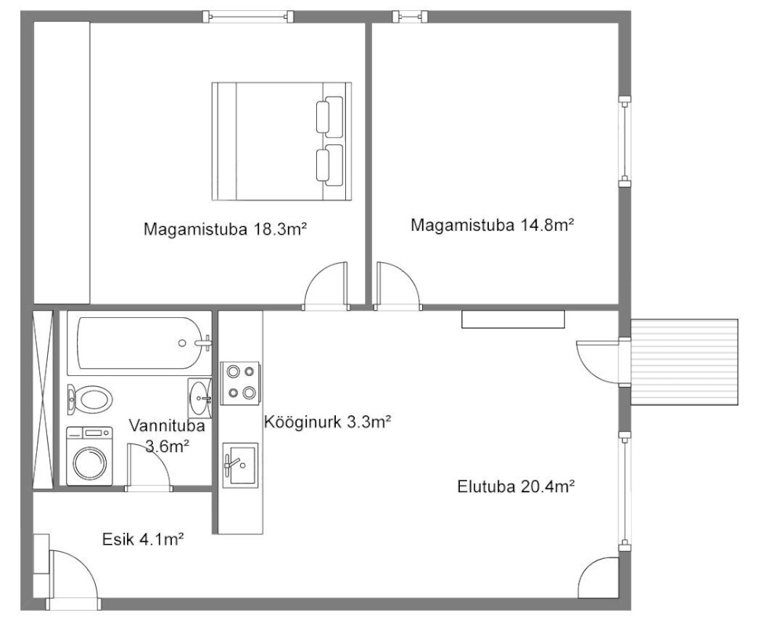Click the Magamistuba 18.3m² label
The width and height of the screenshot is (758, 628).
tap(225, 228)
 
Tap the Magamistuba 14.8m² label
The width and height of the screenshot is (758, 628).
tap(492, 225)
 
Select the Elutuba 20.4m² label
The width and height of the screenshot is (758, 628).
tap(516, 486)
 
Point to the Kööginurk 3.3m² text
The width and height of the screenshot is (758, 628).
tap(327, 422)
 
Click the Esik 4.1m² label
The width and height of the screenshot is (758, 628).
tap(143, 539)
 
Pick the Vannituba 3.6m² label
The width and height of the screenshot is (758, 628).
tap(167, 436)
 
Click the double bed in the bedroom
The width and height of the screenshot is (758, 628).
tap(282, 141)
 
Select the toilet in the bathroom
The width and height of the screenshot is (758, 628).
tap(89, 400)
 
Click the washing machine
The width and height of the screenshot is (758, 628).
tap(89, 456)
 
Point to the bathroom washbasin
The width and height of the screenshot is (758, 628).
tap(199, 398)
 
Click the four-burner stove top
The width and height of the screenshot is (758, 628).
tap(240, 383)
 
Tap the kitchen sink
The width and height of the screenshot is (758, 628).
tap(240, 465)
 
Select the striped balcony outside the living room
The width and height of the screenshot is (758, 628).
tap(684, 362)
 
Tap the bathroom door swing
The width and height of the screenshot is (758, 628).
tap(148, 466)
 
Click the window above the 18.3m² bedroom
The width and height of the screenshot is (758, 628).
tap(248, 17)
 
